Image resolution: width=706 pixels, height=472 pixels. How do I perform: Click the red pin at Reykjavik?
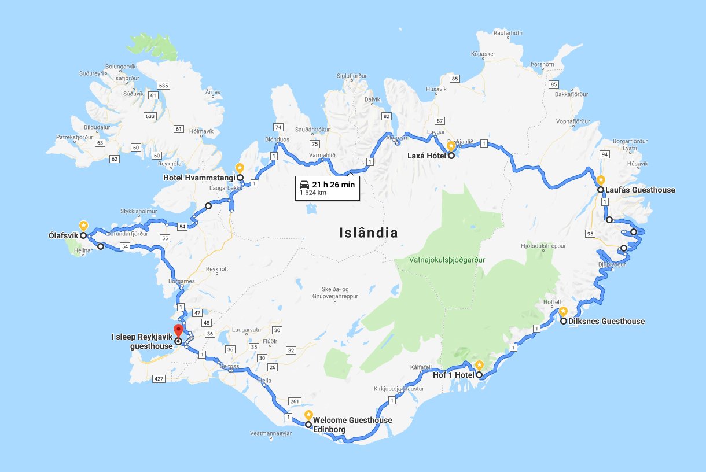point(178,331)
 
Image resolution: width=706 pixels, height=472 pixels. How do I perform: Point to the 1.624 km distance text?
point(312,193)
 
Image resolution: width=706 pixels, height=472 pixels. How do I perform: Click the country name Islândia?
point(369,233)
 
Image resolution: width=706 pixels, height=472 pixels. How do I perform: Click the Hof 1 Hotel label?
point(454,375)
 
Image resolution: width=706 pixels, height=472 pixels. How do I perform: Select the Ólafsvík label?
point(64,236)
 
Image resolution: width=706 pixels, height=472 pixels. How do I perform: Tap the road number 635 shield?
point(163,86)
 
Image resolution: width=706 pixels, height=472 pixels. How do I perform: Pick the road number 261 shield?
point(296,401)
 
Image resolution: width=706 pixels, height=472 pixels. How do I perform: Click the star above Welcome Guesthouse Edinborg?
point(308,415)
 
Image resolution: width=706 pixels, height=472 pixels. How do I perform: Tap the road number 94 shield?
point(605,154)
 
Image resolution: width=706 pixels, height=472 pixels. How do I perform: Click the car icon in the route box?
point(304,184)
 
